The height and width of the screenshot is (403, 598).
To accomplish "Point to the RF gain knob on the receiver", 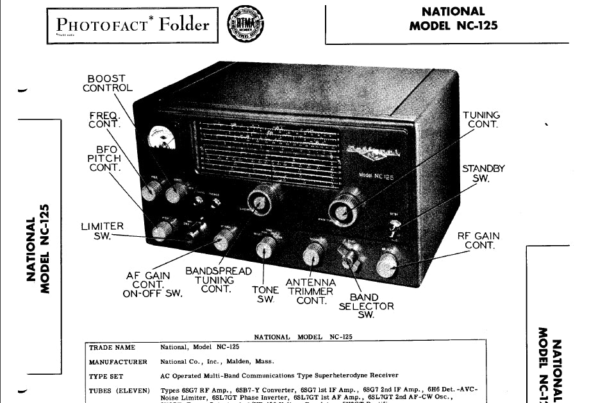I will click(388, 264).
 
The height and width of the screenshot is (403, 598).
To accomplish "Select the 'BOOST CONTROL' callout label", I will click(107, 83).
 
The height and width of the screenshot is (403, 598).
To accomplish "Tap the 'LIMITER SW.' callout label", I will click(102, 231).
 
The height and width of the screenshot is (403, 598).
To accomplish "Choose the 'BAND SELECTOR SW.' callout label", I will click(367, 306).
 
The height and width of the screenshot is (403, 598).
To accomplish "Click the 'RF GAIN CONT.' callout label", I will click(478, 241).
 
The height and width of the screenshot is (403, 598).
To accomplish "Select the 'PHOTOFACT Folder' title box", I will click(134, 26).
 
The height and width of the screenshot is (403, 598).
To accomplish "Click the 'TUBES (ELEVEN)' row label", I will click(119, 390).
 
